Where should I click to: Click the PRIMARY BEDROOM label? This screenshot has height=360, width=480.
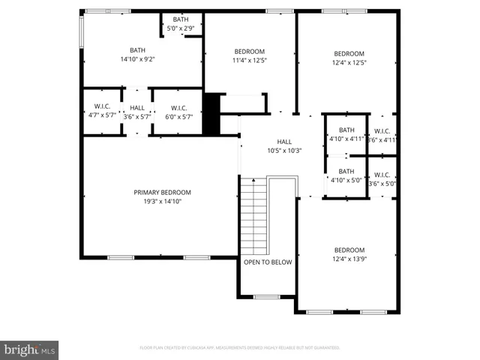(x=163, y=192)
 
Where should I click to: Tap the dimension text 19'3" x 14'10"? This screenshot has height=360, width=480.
(x=163, y=201)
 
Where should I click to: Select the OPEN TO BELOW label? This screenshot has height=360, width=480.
(x=268, y=262)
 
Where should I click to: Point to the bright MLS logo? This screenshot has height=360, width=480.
(x=30, y=349)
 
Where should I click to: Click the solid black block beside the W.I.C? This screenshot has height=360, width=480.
(x=212, y=114)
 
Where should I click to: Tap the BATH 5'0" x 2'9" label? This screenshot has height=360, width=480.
(x=181, y=24)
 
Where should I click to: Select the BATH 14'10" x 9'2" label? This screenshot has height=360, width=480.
(x=142, y=54)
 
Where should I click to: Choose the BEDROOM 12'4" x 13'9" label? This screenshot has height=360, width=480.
(x=349, y=254)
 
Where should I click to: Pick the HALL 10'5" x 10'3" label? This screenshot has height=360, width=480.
(x=284, y=146)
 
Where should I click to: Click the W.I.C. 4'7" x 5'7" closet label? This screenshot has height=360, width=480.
(x=102, y=112)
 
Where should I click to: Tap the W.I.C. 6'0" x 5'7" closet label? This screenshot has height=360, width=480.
(x=178, y=112)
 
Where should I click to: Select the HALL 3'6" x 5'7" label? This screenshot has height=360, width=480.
(x=137, y=112)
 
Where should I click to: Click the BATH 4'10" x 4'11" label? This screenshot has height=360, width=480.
(x=346, y=134)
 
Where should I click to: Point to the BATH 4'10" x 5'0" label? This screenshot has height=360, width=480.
(x=346, y=175)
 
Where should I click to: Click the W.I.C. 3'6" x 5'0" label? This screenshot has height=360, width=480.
(x=382, y=178)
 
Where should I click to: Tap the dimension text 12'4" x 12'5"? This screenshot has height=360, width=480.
(x=349, y=62)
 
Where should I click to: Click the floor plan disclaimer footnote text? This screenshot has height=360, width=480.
(x=240, y=348)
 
